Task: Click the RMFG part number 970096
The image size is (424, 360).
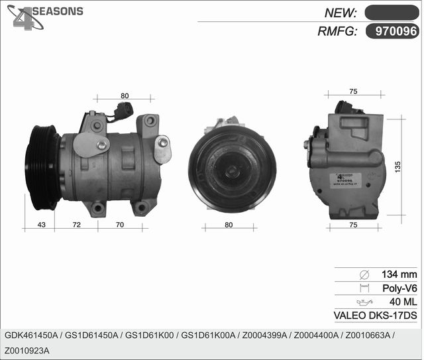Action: point(396,30)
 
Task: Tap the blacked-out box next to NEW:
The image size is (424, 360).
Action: point(392,12)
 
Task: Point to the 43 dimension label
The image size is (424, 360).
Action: point(41,225)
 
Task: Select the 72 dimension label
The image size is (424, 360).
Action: point(76,225)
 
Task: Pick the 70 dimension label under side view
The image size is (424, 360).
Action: point(119,225)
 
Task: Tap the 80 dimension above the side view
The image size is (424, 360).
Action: point(125,96)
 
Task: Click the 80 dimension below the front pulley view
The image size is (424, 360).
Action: point(229,225)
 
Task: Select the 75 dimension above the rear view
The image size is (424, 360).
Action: point(353,91)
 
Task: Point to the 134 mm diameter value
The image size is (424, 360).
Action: point(399,274)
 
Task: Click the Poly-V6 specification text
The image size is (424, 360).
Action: point(400,288)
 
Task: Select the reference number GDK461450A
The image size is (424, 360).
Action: point(31,335)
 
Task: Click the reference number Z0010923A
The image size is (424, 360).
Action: point(27,350)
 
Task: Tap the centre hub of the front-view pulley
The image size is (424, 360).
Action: point(231,171)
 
